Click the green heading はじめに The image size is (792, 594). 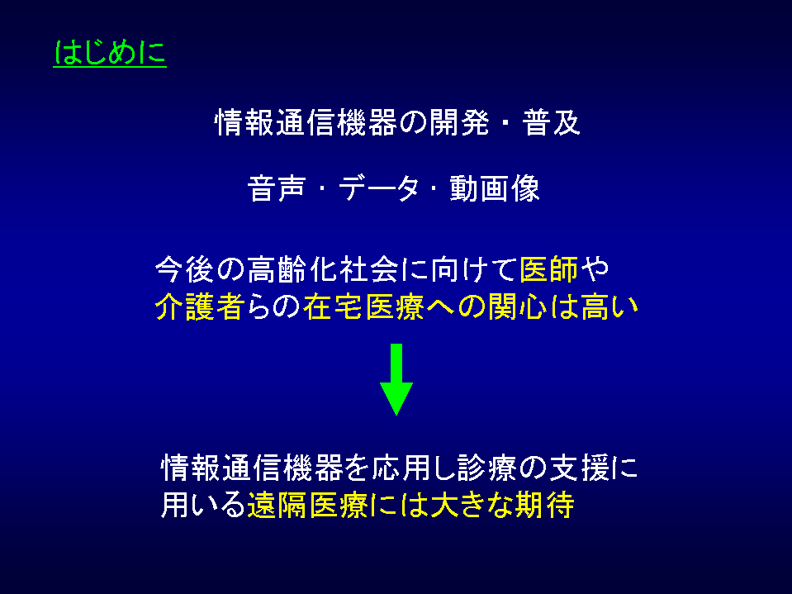click(x=110, y=53)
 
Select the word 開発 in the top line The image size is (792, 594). click(x=460, y=123)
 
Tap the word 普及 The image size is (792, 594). click(x=551, y=123)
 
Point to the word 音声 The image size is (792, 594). click(x=277, y=188)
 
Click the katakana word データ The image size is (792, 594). click(x=379, y=188)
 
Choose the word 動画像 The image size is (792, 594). click(x=495, y=188)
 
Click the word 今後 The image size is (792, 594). click(x=184, y=269)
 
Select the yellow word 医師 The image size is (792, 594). click(x=549, y=269)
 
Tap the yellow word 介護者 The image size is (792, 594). click(x=201, y=307)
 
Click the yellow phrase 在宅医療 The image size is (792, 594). click(x=363, y=307)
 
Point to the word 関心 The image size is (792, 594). click(x=517, y=307)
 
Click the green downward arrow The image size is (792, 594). click(x=396, y=379)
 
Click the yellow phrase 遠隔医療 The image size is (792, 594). click(x=307, y=505)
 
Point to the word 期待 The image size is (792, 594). click(x=544, y=505)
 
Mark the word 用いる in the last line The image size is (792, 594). click(x=203, y=505)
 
